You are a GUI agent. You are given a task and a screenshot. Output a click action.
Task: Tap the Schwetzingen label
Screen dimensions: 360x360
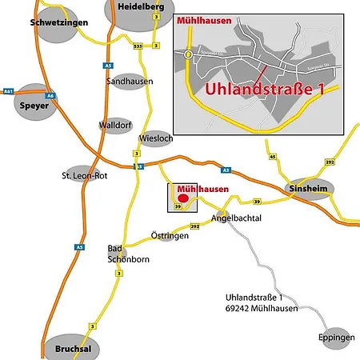pos(58,24)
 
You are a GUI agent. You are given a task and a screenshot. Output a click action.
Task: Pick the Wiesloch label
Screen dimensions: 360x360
pos(155,137)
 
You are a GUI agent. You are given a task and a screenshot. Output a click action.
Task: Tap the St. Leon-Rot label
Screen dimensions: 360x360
pos(84,175)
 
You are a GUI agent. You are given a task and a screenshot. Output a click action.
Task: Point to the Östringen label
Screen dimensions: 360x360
pos(170,236)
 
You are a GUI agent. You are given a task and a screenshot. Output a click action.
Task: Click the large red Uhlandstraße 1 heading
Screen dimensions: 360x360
pos(263,90)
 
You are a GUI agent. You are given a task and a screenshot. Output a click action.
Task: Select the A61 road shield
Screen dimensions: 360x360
pos(9,90)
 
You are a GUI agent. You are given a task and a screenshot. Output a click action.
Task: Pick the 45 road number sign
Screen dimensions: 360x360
pos(273,157)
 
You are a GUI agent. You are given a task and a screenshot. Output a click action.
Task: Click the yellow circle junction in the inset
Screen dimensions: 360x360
pos(188,54)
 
